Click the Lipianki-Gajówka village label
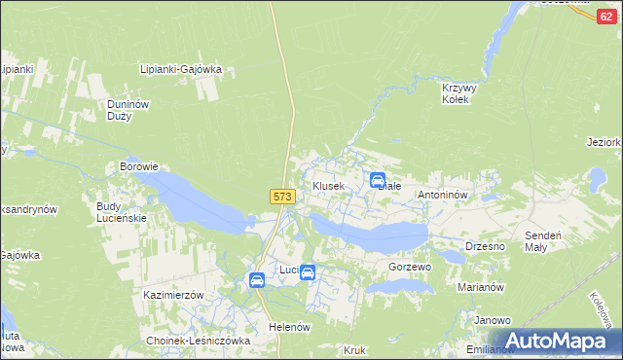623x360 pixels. point(181,70)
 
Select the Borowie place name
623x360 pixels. point(138,166)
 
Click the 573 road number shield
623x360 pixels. point(282,197)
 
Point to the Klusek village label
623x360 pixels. point(328,185)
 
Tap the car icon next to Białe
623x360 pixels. point(377,179)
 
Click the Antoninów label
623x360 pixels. point(444,195)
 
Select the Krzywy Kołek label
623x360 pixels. point(456,93)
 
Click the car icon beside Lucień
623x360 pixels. point(308,272)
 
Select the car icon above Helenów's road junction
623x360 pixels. point(257,280)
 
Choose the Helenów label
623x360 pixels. point(289,327)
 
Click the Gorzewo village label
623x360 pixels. point(409,267)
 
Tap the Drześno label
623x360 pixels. point(485,246)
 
